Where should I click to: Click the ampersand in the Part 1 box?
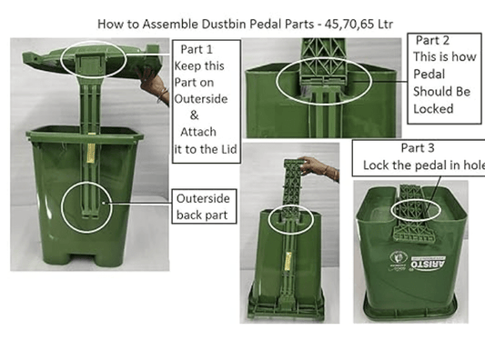(194, 115)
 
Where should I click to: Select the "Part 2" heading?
(435, 42)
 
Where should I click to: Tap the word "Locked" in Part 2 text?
(433, 108)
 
